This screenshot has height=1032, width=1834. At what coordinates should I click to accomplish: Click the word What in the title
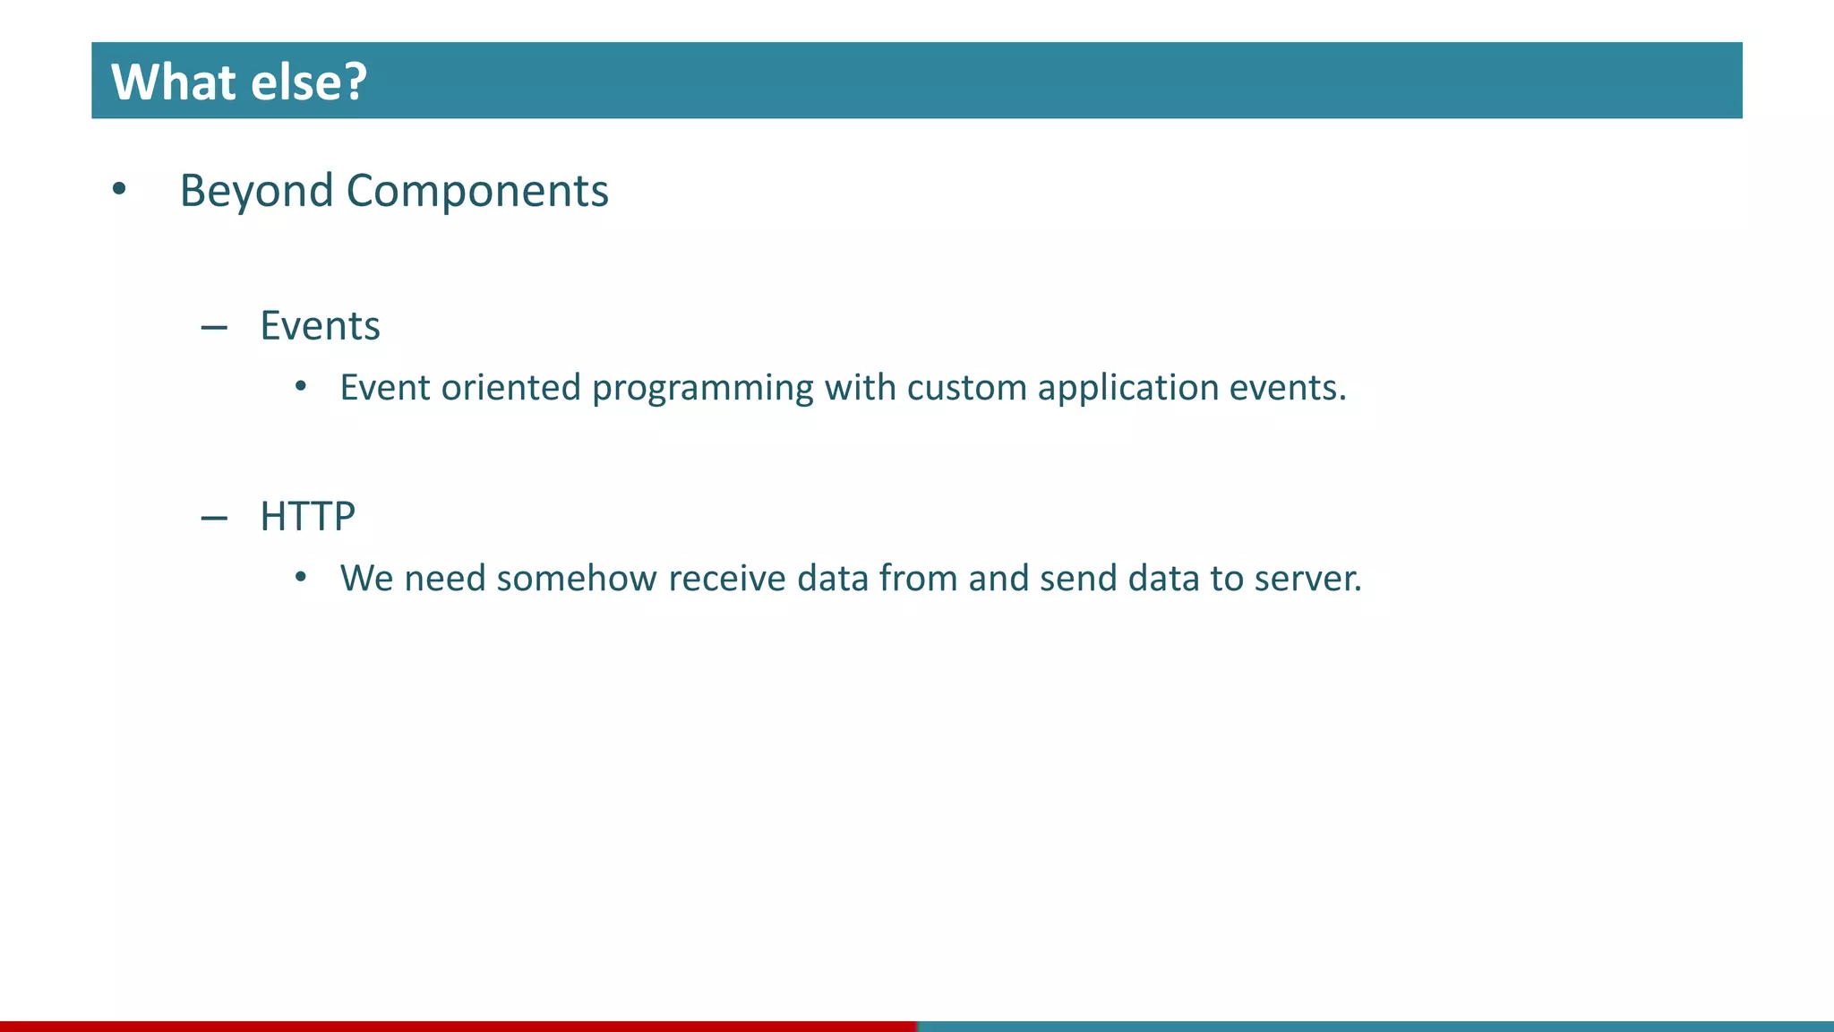[x=174, y=82]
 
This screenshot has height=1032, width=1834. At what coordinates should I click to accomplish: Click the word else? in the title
[x=309, y=82]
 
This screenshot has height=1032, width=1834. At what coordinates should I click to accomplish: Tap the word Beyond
[x=256, y=191]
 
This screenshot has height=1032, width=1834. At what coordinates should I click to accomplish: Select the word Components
[x=477, y=191]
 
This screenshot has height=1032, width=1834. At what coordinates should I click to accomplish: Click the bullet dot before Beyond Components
[x=119, y=189]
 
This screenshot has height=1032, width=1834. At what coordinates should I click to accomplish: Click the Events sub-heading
[x=320, y=325]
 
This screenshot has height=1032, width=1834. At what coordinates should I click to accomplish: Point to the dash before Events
[x=214, y=328]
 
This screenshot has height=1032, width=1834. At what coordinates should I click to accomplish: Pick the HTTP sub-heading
[x=307, y=516]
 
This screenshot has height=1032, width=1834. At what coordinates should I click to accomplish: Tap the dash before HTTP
[x=214, y=518]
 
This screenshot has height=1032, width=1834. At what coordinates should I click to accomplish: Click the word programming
[x=702, y=388]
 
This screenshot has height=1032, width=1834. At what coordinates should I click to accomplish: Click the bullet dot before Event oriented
[x=301, y=387]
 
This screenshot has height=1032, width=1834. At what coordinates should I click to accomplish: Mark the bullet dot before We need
[x=301, y=578]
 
